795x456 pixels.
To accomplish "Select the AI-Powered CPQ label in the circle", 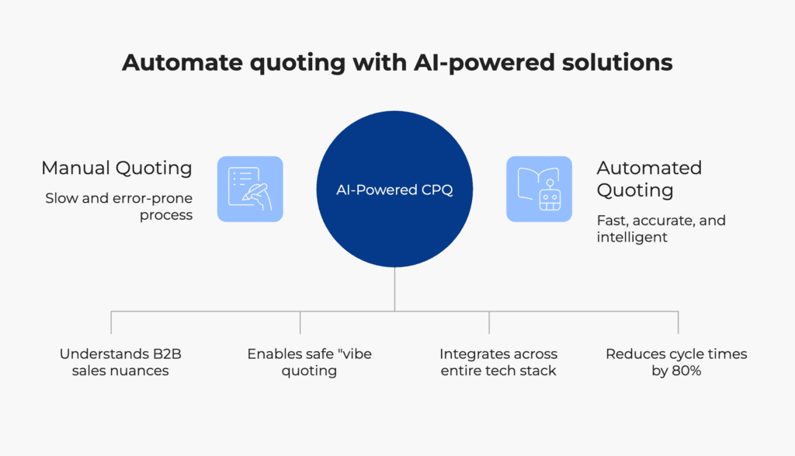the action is pyautogui.click(x=394, y=190).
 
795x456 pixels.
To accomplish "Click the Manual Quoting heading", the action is pyautogui.click(x=116, y=168).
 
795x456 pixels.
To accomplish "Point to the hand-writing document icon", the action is pyautogui.click(x=250, y=190).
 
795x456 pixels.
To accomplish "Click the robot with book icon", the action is pyautogui.click(x=539, y=190).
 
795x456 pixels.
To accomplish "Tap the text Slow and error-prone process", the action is pyautogui.click(x=119, y=207).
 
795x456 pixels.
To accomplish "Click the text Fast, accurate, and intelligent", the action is pyautogui.click(x=661, y=228).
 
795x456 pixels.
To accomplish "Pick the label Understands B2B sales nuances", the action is pyautogui.click(x=120, y=362).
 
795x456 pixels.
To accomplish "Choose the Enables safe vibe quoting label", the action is pyautogui.click(x=309, y=362).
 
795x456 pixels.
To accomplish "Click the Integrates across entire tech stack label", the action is pyautogui.click(x=498, y=362).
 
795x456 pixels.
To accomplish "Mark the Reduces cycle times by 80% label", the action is pyautogui.click(x=676, y=362).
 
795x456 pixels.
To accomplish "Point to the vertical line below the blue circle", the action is pyautogui.click(x=394, y=289).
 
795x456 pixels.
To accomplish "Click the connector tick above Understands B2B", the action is pyautogui.click(x=111, y=322).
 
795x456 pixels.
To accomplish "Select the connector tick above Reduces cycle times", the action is pyautogui.click(x=678, y=322).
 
